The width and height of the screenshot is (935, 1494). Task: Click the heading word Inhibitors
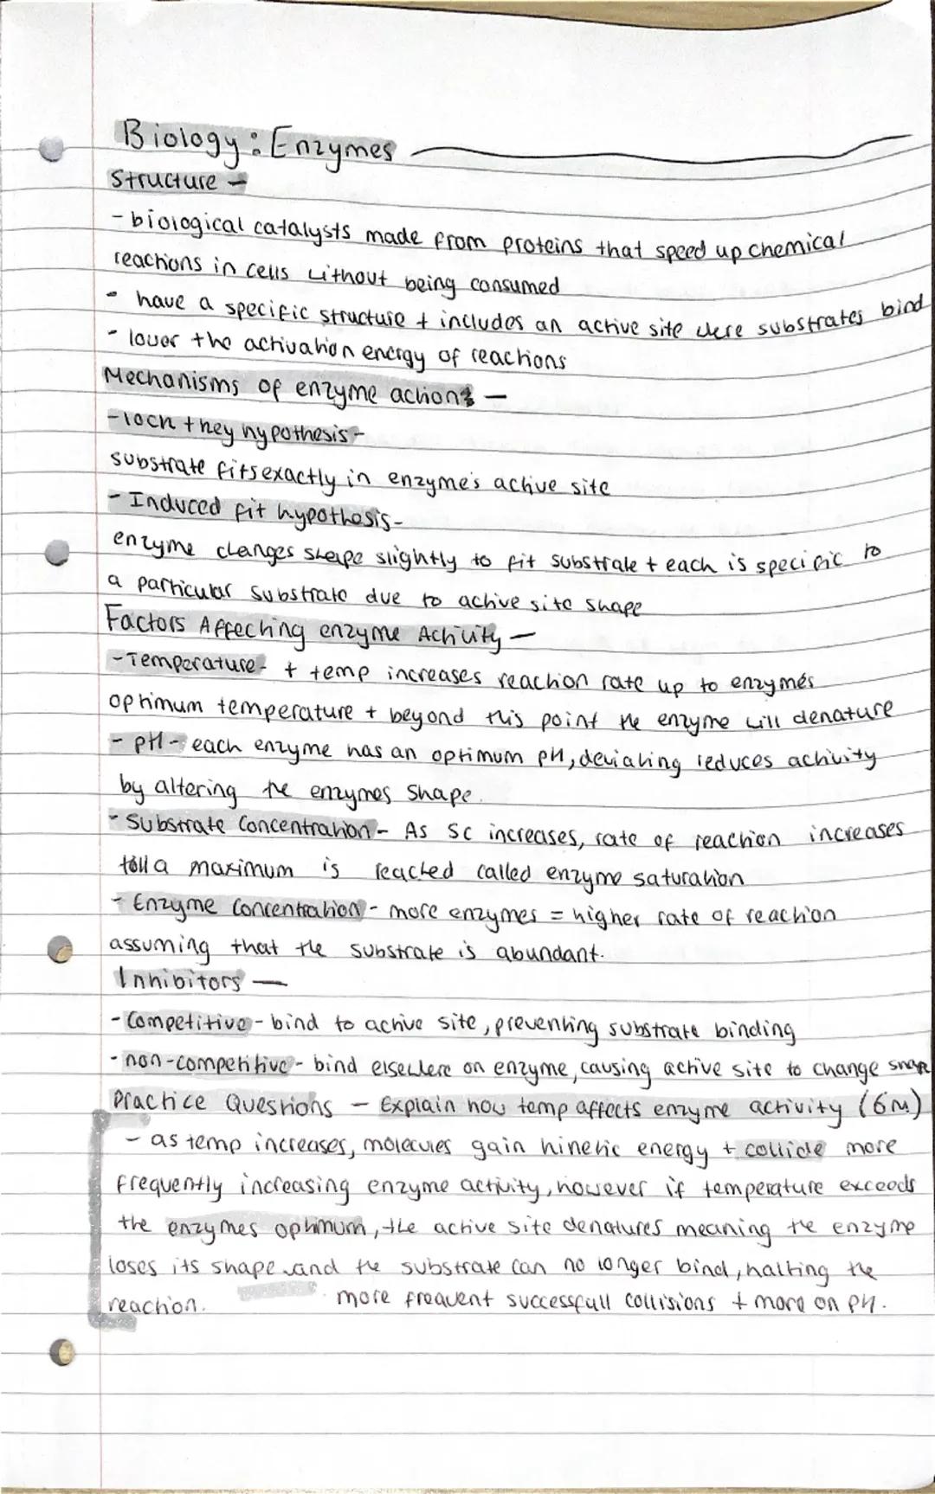coord(177,982)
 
